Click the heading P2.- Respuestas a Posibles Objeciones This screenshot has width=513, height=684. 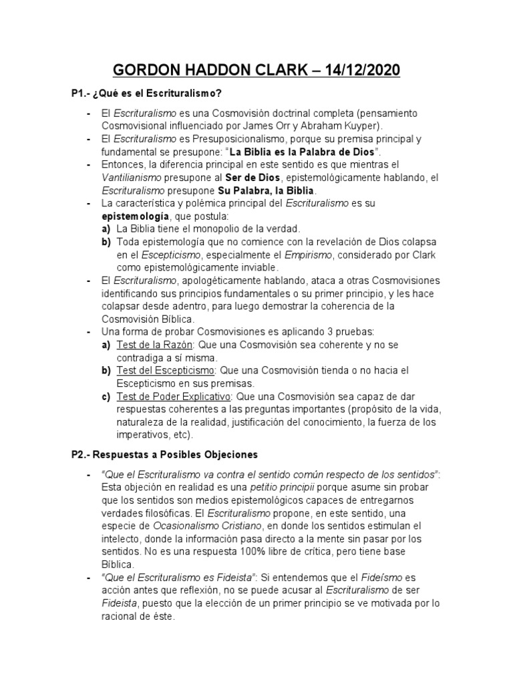click(164, 455)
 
